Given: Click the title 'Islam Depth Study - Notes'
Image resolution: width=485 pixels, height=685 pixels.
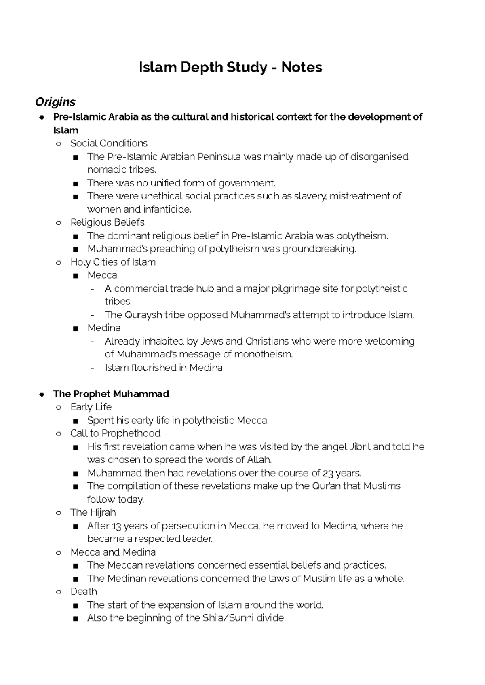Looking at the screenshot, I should (x=230, y=67).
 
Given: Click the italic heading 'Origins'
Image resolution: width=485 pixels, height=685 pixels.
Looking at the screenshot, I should (x=55, y=102).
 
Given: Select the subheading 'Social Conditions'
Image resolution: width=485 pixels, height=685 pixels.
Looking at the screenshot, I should (x=109, y=143).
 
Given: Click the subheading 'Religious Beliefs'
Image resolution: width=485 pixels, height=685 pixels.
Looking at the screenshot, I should (x=107, y=222).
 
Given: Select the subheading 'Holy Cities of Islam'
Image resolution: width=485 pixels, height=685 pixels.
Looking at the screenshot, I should (x=113, y=262).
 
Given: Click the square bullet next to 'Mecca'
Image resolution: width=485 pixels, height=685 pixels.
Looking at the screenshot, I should (x=76, y=276).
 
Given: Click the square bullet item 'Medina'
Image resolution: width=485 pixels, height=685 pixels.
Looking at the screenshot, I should (x=104, y=328).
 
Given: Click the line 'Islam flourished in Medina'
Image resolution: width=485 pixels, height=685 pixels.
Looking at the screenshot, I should (x=163, y=368).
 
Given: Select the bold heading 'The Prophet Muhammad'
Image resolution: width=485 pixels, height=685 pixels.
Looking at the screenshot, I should (x=111, y=394).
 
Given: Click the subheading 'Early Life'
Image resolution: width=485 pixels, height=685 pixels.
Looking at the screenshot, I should (x=91, y=407).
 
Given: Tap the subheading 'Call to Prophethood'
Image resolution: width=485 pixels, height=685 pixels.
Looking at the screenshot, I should (x=115, y=433).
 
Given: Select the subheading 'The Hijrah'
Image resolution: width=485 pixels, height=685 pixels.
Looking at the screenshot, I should (x=93, y=512).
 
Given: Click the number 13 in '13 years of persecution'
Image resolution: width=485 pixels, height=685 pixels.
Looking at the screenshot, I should (x=116, y=526).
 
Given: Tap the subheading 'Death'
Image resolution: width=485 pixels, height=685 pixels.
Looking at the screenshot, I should (x=83, y=592).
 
